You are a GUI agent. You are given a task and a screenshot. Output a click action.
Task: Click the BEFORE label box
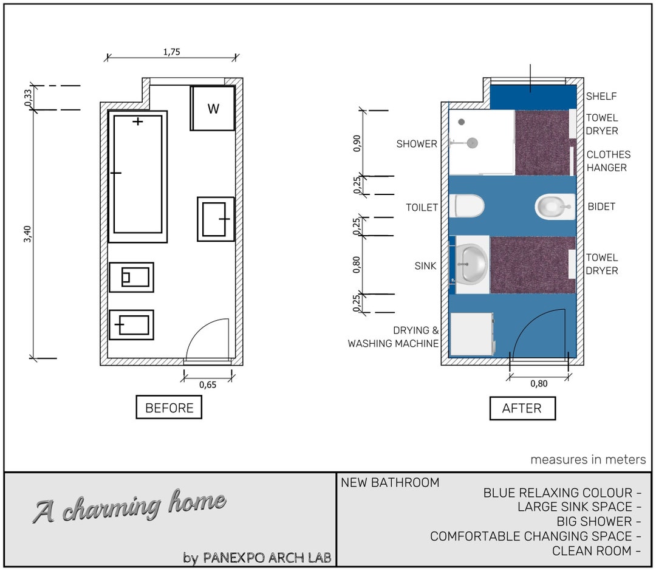(169, 408)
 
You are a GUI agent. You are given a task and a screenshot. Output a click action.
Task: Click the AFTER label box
(522, 408)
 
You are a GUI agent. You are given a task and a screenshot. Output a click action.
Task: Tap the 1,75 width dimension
(171, 52)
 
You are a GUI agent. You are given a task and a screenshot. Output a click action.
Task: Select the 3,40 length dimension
(27, 234)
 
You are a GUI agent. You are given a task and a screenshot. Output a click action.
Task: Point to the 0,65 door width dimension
(207, 384)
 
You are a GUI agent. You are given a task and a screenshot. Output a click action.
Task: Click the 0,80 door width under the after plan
(538, 384)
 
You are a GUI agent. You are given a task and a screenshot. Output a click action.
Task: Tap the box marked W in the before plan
(213, 109)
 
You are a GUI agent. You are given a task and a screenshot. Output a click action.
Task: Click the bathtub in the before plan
(138, 176)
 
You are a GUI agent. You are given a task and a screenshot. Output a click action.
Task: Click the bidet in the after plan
(554, 207)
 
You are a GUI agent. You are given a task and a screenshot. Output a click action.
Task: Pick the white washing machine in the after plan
(471, 334)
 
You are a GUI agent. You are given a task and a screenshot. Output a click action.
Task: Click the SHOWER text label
(417, 144)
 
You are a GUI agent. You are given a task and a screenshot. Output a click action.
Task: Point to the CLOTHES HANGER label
(608, 161)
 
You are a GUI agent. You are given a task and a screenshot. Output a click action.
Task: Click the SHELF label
(601, 96)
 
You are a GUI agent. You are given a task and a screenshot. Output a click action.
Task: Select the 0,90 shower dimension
(358, 143)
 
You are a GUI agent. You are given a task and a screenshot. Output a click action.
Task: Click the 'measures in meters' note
(588, 460)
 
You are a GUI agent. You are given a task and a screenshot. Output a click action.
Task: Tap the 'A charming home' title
(129, 506)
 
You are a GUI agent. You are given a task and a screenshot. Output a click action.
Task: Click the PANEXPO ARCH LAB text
(267, 557)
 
